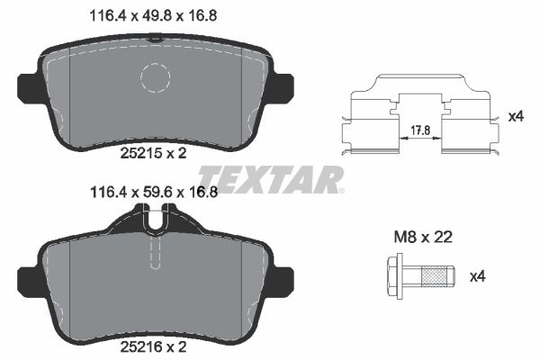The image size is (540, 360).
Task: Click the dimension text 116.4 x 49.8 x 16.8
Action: click(152, 13)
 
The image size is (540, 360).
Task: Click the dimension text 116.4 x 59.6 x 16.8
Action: click(152, 192)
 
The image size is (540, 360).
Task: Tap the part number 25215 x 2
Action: click(153, 153)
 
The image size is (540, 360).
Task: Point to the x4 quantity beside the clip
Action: click(515, 116)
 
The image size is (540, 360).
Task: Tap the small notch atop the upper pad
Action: click(157, 37)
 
